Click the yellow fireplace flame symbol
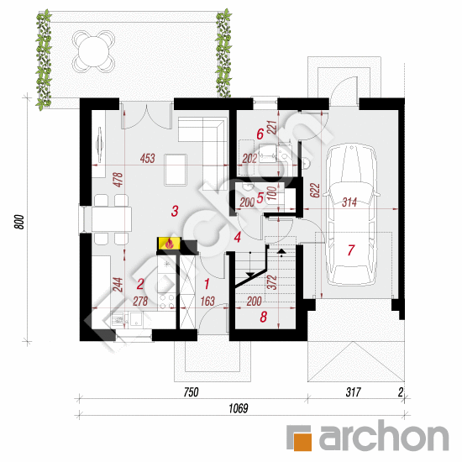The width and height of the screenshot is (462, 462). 169,244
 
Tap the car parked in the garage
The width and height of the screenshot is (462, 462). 351,214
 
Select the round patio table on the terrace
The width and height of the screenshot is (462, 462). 94,51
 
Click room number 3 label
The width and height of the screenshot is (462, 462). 175,211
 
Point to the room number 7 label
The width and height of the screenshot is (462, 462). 351,249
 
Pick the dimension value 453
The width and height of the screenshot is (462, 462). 147,158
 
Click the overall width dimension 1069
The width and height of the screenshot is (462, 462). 239,408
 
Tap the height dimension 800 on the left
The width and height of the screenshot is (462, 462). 19,222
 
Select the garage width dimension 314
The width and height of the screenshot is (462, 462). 349,202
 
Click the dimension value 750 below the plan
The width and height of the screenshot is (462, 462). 191,392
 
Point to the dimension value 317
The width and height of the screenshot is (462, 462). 353,392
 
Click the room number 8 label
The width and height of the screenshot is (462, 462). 264,317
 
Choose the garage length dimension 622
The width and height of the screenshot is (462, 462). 315,190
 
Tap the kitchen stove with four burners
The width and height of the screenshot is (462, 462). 167,302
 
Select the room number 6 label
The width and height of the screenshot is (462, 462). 260,134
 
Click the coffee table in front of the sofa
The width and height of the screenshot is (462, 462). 176,170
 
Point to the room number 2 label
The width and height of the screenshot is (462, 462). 140,284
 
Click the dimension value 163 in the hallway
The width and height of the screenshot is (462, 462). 207,301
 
